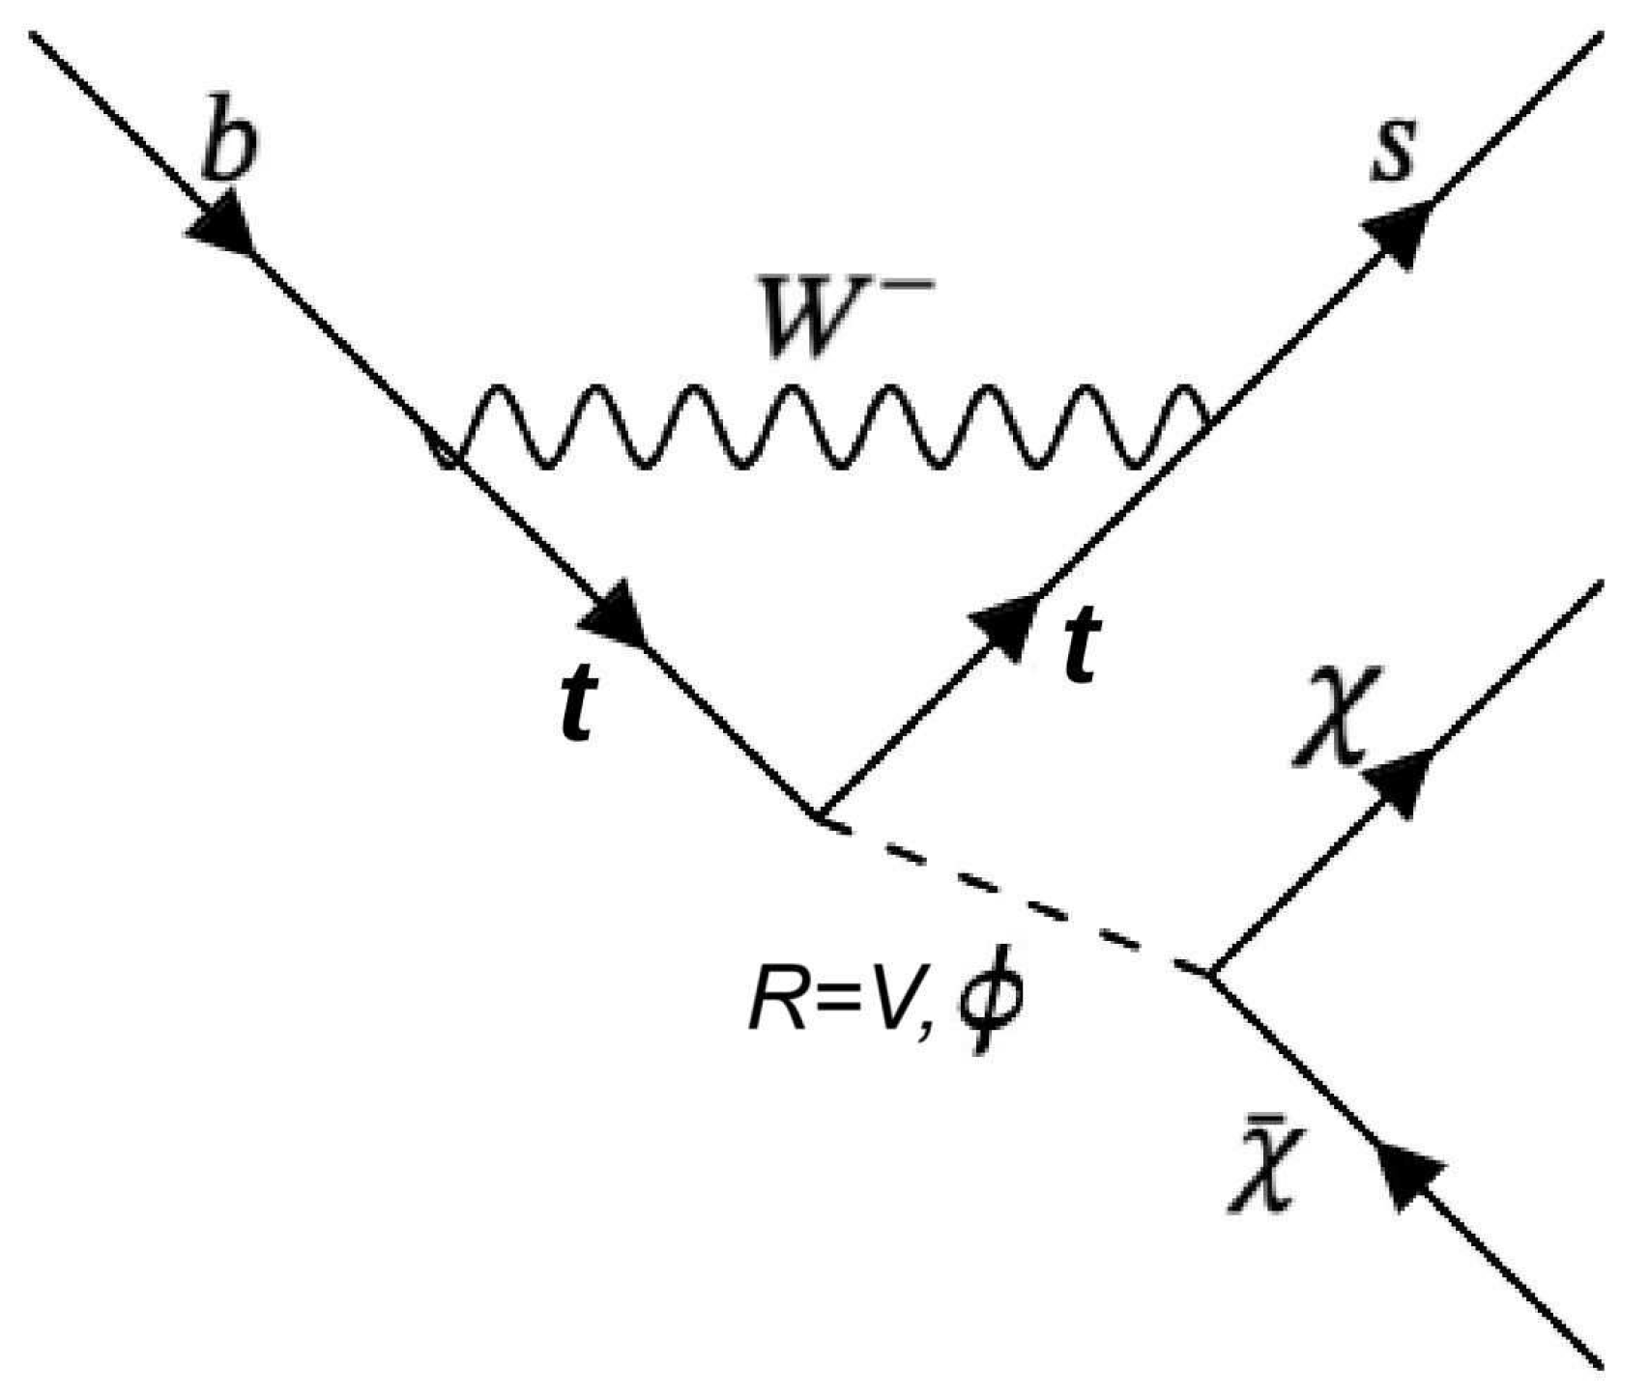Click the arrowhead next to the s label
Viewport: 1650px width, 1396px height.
pos(1398,232)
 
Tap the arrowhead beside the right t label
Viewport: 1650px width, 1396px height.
pos(1001,624)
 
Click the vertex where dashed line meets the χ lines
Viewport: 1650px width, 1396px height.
pos(1209,973)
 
